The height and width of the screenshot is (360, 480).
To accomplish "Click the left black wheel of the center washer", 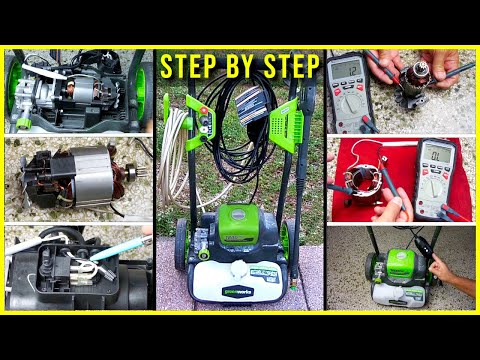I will coord(181,244).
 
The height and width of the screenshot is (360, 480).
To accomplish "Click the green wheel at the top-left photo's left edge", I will coord(14,86).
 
